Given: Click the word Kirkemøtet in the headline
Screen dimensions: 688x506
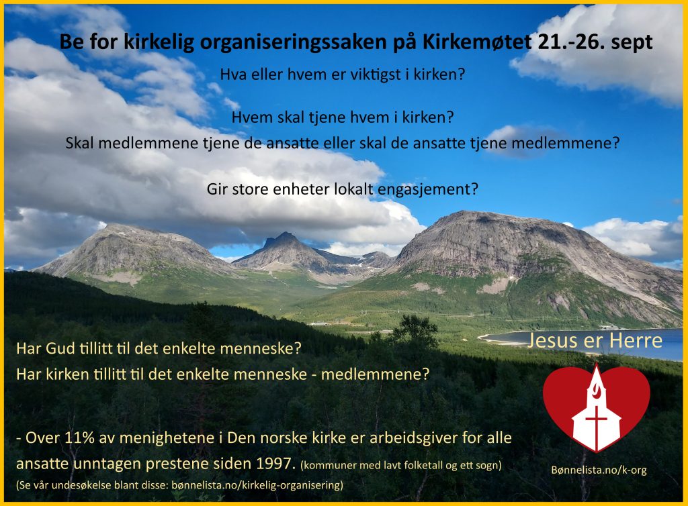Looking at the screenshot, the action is point(477,42).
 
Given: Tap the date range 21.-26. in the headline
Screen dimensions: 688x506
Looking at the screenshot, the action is point(570,42).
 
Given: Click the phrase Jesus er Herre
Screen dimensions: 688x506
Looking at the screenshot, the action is point(595,340).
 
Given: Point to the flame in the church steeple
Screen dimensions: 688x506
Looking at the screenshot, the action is point(597,388).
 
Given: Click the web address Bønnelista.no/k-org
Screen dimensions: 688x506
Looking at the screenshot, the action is point(599,470).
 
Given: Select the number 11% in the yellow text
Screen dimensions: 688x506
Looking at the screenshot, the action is point(79,438).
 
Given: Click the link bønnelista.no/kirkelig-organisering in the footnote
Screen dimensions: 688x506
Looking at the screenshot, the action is point(257,485).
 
